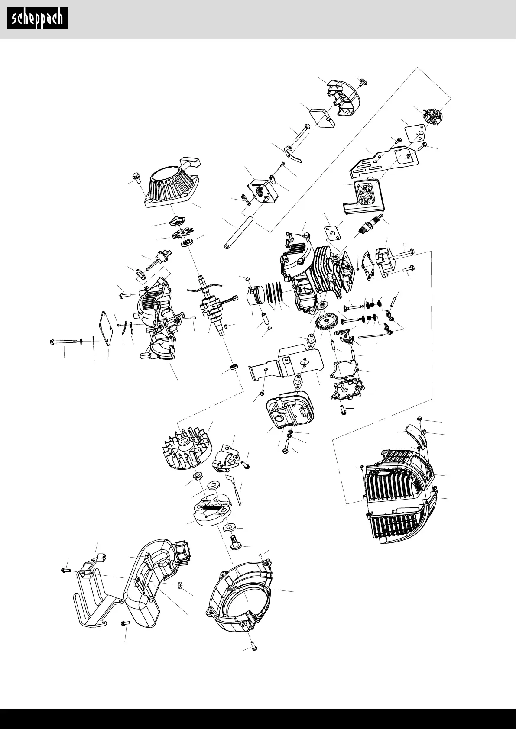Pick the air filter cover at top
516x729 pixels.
click(x=343, y=97)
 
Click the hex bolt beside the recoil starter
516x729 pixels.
click(x=135, y=177)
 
